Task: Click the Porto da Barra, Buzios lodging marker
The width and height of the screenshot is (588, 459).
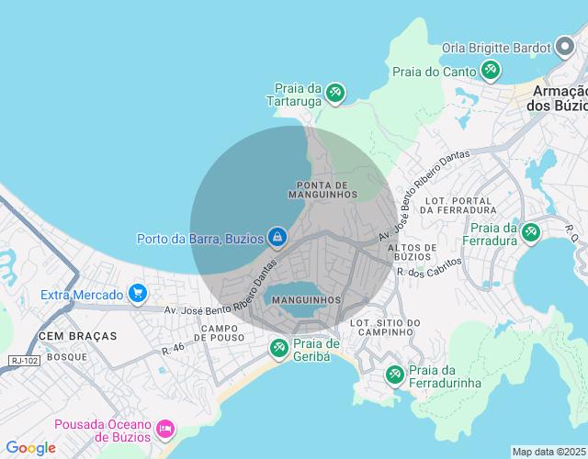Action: click(x=277, y=239)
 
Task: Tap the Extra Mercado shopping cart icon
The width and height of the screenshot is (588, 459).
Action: click(x=138, y=294)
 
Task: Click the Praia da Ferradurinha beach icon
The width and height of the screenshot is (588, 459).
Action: click(x=395, y=375)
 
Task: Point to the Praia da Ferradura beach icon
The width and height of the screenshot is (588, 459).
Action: click(x=530, y=233)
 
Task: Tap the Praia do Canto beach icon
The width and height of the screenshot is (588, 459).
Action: click(x=491, y=70)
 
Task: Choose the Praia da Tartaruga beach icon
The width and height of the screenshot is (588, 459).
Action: click(x=335, y=93)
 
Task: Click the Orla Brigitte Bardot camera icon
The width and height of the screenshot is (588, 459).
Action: click(x=564, y=47)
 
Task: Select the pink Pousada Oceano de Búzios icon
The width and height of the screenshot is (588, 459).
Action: click(x=165, y=429)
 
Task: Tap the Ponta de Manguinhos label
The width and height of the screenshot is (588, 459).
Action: click(x=322, y=189)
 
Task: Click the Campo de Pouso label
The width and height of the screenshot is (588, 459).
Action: click(x=220, y=332)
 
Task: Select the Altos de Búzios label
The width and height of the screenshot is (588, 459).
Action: click(x=412, y=252)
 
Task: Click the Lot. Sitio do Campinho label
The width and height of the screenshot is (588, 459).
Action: click(x=385, y=328)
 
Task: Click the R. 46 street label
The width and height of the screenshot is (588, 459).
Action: click(x=173, y=349)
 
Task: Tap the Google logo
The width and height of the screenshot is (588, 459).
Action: click(x=30, y=448)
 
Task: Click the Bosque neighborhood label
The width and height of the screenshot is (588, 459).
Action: click(x=66, y=356)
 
